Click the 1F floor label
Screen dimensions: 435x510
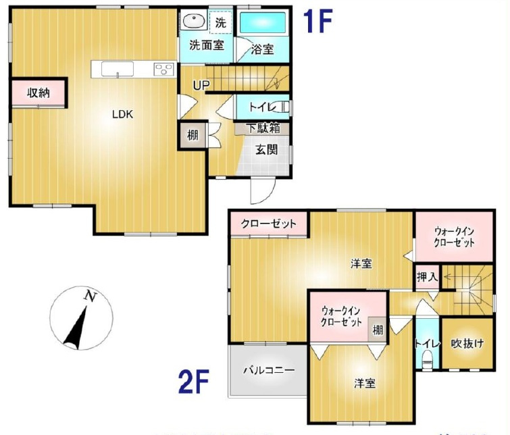[317, 22]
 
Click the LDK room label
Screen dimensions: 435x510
[122, 114]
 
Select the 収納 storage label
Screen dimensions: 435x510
[39, 93]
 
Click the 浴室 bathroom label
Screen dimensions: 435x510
[262, 49]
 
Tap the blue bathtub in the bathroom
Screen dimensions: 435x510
[263, 22]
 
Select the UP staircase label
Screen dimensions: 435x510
[201, 85]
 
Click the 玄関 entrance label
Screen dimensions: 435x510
[266, 150]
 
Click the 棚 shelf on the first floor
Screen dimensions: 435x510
[193, 135]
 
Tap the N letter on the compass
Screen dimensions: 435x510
[88, 295]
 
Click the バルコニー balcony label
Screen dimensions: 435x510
[269, 371]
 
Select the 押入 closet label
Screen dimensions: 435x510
[427, 276]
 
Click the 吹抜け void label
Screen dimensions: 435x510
[467, 343]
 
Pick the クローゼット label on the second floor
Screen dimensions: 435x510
[269, 224]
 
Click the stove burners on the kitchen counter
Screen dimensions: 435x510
[164, 68]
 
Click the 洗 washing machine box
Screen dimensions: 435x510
[220, 22]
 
